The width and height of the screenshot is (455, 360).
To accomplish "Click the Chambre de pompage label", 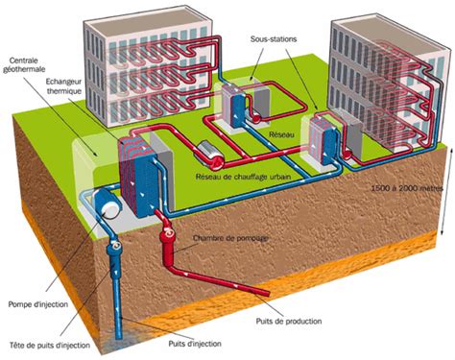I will (231, 237).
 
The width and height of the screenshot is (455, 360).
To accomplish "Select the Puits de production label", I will (289, 321).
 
